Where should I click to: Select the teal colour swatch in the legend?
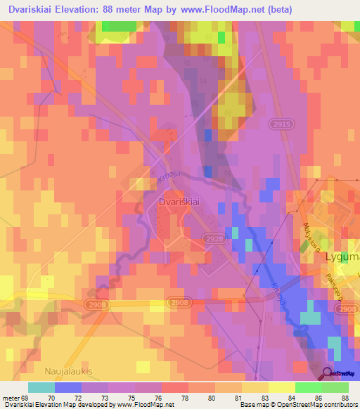click(x=41, y=387)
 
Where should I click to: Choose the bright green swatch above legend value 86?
click(x=309, y=387)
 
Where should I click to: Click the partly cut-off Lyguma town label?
click(x=342, y=257)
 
